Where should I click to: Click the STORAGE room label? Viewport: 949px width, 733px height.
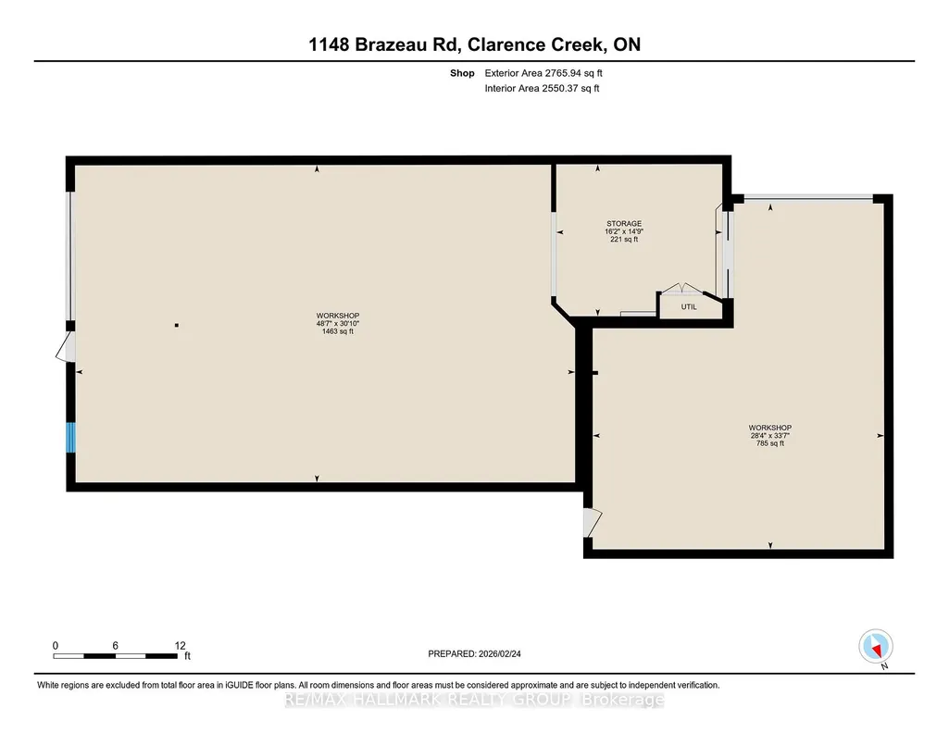(624, 224)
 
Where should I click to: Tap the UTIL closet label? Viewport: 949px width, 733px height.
(689, 306)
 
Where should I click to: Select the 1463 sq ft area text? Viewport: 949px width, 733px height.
(338, 331)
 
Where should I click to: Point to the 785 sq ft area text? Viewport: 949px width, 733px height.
(770, 443)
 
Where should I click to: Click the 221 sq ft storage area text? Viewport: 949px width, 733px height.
(624, 239)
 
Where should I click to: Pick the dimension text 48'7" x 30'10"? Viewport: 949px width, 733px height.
(338, 324)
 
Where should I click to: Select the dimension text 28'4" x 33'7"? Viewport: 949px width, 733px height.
(770, 435)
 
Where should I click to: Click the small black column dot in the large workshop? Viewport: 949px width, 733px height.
(177, 326)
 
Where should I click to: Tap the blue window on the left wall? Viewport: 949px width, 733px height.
(70, 437)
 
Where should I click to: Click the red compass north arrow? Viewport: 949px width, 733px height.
(876, 650)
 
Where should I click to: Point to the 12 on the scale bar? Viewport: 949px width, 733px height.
(180, 645)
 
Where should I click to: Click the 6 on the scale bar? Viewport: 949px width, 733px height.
(115, 645)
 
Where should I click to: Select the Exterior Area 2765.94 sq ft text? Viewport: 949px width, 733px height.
(543, 73)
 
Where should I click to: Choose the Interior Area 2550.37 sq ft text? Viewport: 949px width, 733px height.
(543, 88)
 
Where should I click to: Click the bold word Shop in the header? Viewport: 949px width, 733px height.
(462, 73)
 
